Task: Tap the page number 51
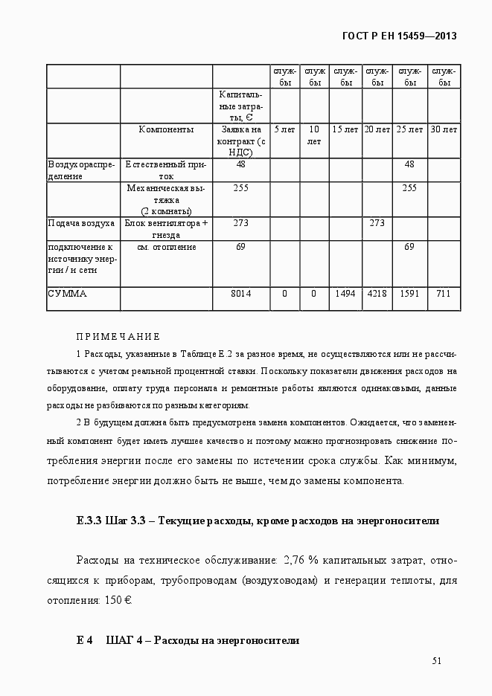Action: pyautogui.click(x=437, y=661)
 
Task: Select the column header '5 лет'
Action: pyautogui.click(x=284, y=129)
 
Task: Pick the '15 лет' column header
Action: pyautogui.click(x=345, y=129)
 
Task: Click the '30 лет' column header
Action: pyautogui.click(x=444, y=129)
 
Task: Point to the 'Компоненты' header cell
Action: pyautogui.click(x=166, y=129)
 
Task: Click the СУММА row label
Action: pyautogui.click(x=68, y=294)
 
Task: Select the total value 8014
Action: pyautogui.click(x=240, y=294)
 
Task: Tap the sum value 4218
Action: pyautogui.click(x=377, y=294)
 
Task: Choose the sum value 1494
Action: pyautogui.click(x=345, y=294)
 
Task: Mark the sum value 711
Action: pyautogui.click(x=444, y=294)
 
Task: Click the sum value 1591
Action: pyautogui.click(x=409, y=294)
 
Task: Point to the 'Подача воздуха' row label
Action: pyautogui.click(x=81, y=223)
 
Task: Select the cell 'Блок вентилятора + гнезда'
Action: pyautogui.click(x=166, y=228)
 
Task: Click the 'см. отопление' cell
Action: pyautogui.click(x=166, y=247)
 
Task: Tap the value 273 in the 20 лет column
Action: pyautogui.click(x=377, y=223)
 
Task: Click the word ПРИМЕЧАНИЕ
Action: pyautogui.click(x=118, y=337)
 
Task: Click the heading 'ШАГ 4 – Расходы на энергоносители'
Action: pyautogui.click(x=202, y=639)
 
